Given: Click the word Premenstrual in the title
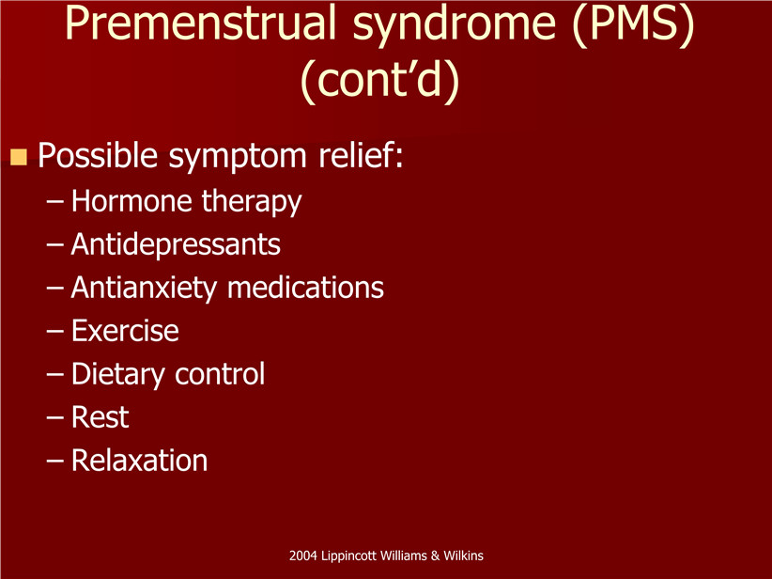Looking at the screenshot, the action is [x=200, y=23].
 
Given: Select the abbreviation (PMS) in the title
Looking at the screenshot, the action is [x=634, y=24].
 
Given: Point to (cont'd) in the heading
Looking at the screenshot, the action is [x=379, y=79].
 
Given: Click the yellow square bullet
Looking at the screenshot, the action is [x=19, y=157].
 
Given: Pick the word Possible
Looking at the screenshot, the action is [x=98, y=155].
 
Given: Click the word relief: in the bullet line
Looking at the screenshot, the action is [x=361, y=155].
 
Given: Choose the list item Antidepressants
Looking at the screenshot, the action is [x=176, y=244].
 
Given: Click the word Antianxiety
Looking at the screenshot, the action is [x=144, y=289].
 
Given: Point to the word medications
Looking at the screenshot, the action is [x=306, y=288].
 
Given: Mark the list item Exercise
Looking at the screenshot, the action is [x=125, y=331].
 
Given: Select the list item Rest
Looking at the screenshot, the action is [x=100, y=417].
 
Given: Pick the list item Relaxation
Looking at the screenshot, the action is [x=139, y=461].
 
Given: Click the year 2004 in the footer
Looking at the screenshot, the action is [x=302, y=556].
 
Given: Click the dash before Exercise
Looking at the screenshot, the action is [x=55, y=332].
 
